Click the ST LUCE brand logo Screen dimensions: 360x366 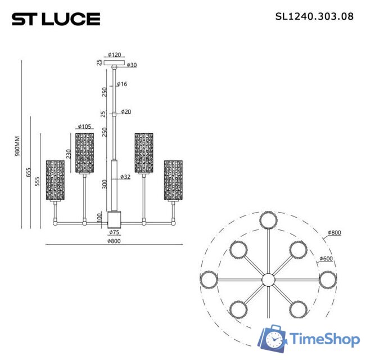(56, 19)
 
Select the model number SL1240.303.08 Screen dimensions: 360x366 (314, 16)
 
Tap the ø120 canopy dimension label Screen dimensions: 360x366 (115, 55)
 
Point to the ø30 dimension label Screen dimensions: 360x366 (132, 65)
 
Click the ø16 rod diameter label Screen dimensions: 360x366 (122, 84)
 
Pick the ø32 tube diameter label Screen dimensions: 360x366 (126, 177)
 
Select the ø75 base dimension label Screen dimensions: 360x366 (114, 232)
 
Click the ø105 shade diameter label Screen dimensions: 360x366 (85, 127)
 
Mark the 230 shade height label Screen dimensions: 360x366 (69, 153)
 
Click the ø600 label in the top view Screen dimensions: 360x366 (326, 259)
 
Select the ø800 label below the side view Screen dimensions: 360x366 (114, 241)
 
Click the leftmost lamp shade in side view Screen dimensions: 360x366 (55, 180)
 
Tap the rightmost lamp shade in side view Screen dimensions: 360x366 (173, 180)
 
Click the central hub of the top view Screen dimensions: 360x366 (268, 279)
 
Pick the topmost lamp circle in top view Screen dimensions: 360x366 (268, 220)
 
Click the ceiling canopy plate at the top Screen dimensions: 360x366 (115, 61)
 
